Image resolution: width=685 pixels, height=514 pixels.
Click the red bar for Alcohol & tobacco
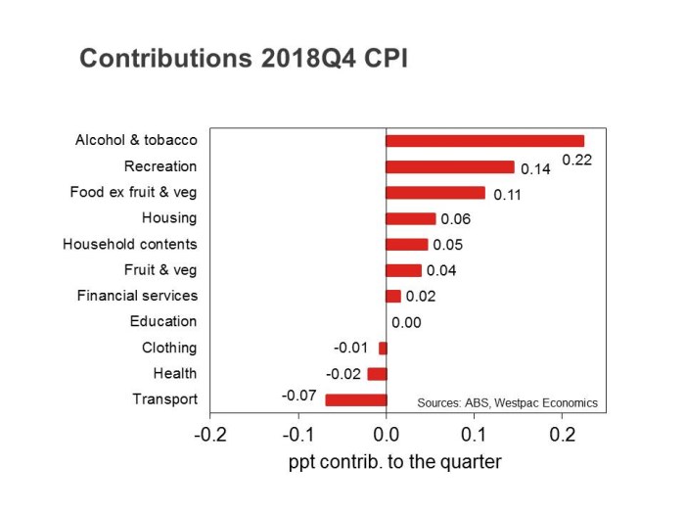coord(484,141)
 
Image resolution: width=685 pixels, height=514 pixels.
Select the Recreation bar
coord(450,166)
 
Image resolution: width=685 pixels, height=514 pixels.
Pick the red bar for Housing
coord(411,218)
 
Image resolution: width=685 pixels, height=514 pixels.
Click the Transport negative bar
coord(356,399)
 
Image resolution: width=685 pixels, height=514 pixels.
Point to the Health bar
coord(377,373)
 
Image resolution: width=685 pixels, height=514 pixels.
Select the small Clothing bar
coord(383,348)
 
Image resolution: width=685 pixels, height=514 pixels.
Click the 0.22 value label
coord(576,160)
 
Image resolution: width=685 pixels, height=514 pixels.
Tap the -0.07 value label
coord(297,396)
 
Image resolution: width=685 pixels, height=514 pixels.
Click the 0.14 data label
coord(535,169)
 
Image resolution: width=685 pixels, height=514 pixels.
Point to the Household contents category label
coord(129,244)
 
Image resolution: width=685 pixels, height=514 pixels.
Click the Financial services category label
coord(137,296)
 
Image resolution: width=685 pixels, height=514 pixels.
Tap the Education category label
coord(162,321)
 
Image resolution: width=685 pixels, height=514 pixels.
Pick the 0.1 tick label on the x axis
coord(475,434)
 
